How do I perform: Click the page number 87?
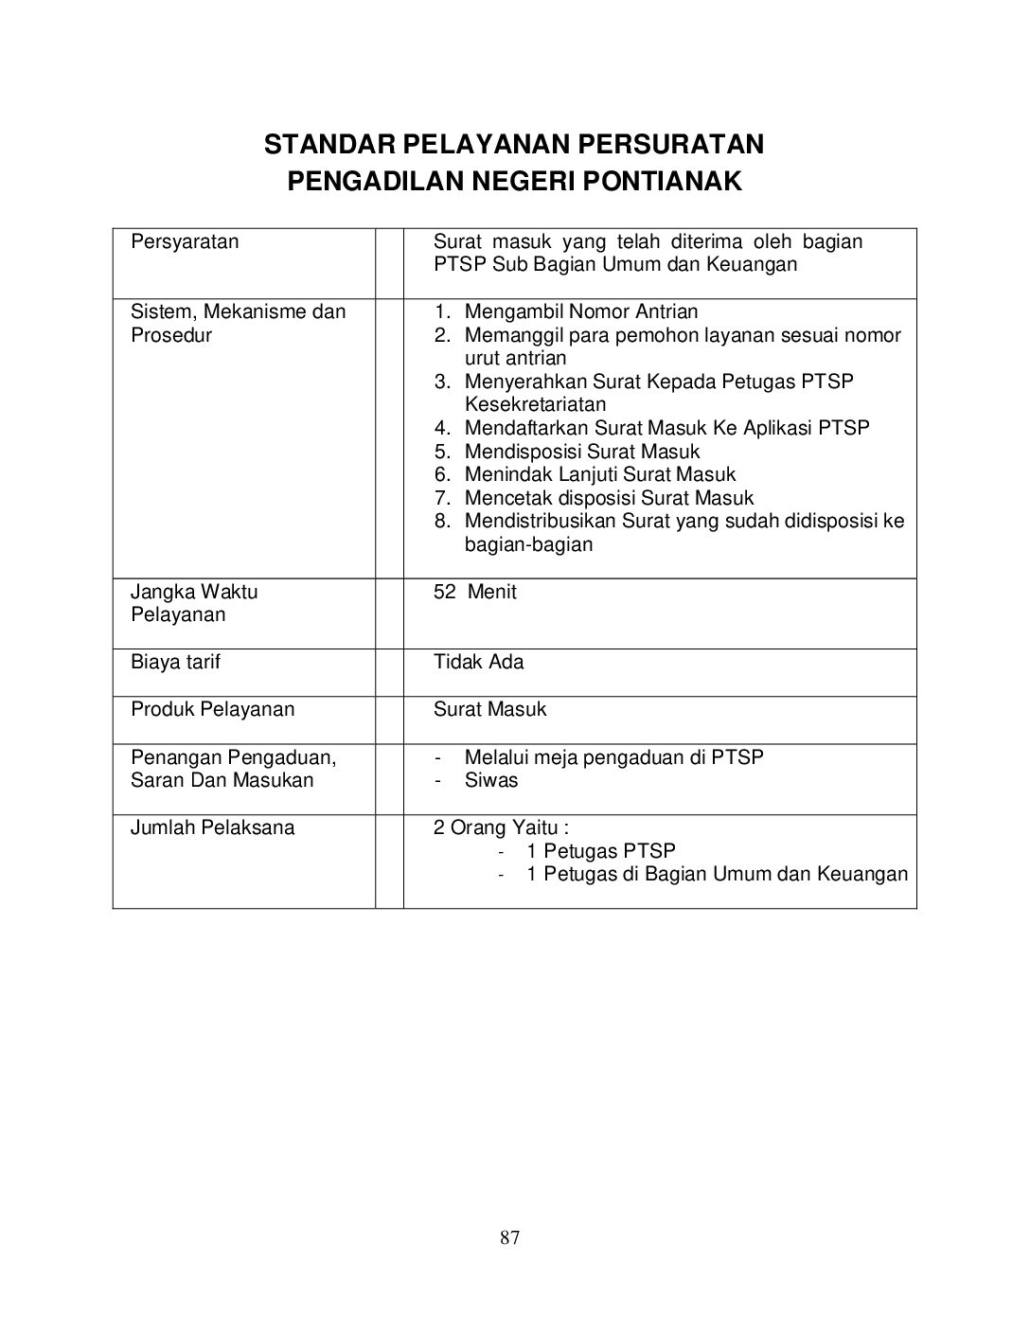point(510,1237)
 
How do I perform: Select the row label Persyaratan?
point(185,241)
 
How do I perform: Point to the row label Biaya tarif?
point(175,662)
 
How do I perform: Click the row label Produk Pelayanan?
point(212,709)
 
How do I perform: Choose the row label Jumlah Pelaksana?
point(212,827)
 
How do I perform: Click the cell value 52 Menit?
point(475,592)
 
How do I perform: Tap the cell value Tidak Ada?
point(478,662)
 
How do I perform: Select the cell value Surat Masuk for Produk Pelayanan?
point(489,709)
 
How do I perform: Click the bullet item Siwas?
point(491,780)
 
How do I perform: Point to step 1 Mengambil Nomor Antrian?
point(580,311)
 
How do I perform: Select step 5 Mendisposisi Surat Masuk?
point(581,452)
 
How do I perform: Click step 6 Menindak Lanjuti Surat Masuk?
point(599,474)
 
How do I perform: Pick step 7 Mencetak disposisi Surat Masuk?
point(609,498)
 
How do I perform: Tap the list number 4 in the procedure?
point(441,428)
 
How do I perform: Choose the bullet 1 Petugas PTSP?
point(600,851)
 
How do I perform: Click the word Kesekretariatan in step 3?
point(535,404)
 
